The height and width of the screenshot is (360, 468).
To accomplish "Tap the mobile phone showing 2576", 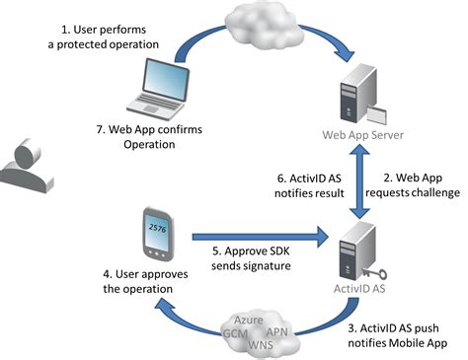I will pos(155,236).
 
